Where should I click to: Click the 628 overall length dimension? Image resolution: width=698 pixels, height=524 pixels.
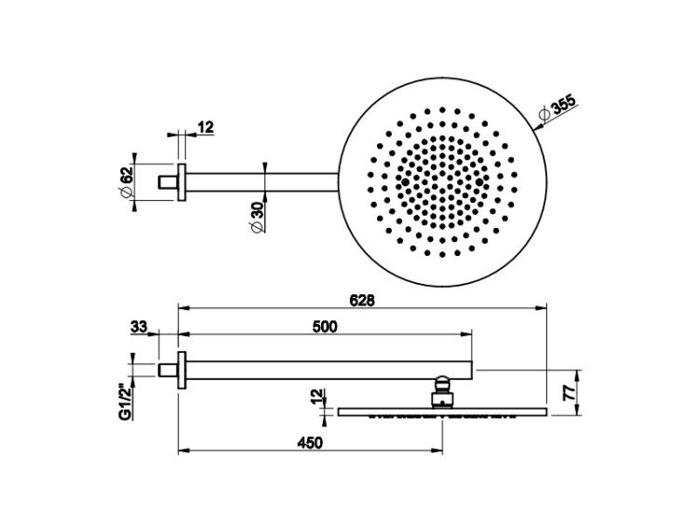tap(361, 301)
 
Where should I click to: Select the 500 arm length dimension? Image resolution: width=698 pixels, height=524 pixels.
tap(325, 327)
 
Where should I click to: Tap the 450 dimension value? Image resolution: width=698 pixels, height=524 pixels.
tap(310, 443)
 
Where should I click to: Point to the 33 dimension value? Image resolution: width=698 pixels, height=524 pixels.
tap(139, 328)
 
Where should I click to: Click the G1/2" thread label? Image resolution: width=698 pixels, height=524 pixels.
tap(126, 402)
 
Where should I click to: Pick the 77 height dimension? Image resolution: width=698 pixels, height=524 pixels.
tap(569, 393)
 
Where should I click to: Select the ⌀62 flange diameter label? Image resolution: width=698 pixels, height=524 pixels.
tap(126, 181)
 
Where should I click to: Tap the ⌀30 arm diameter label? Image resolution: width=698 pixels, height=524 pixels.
tap(257, 217)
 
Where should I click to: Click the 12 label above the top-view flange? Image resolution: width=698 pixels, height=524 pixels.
tap(206, 128)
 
